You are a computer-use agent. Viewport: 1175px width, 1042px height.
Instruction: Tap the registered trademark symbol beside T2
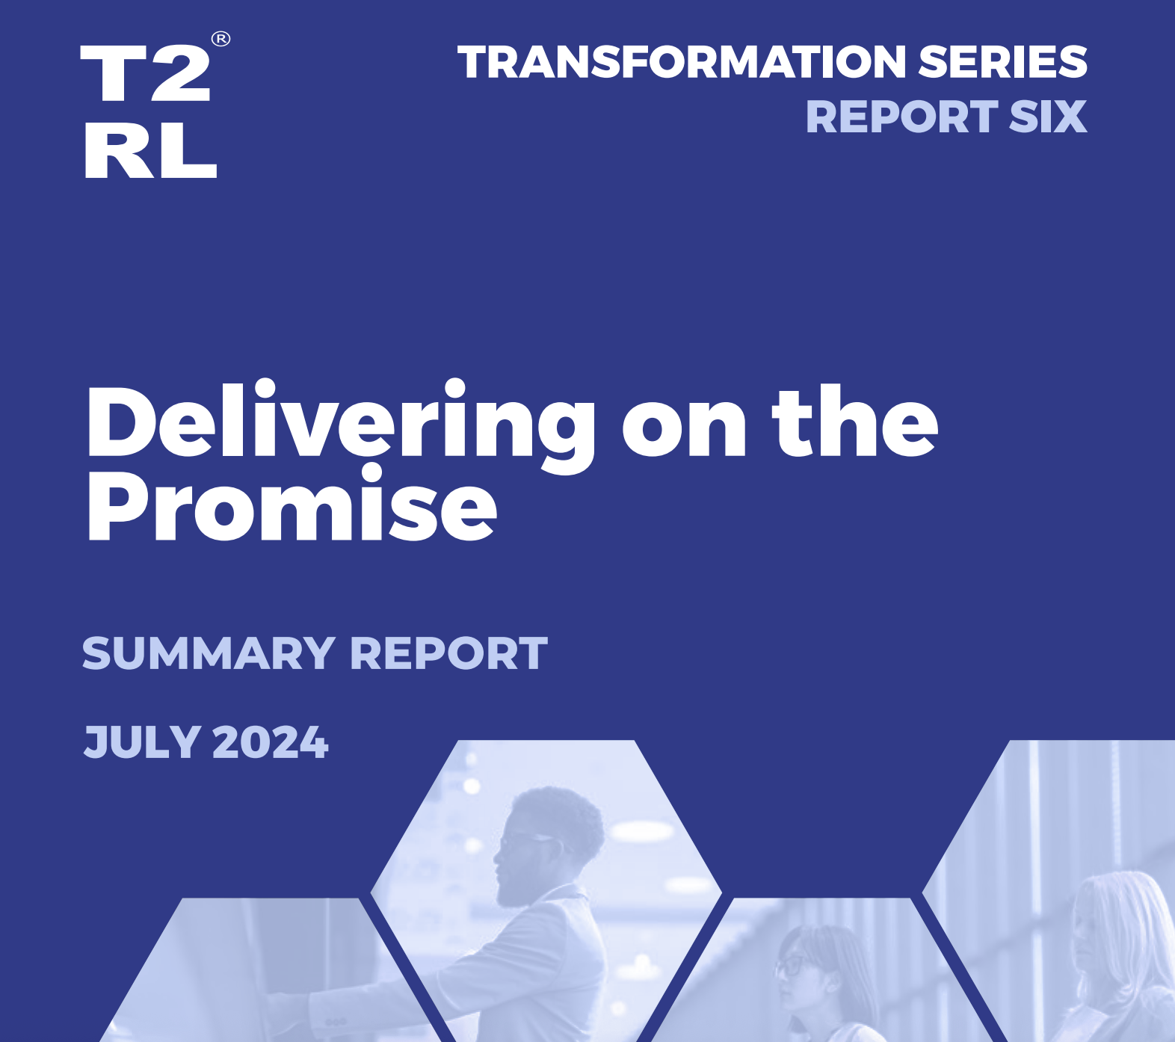point(220,39)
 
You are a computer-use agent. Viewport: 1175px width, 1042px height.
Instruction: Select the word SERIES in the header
point(1002,62)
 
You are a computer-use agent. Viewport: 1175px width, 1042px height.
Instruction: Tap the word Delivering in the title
point(342,425)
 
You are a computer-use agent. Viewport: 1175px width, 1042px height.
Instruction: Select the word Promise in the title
point(292,505)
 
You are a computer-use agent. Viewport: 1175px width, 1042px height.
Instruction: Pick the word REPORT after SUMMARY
point(448,654)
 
